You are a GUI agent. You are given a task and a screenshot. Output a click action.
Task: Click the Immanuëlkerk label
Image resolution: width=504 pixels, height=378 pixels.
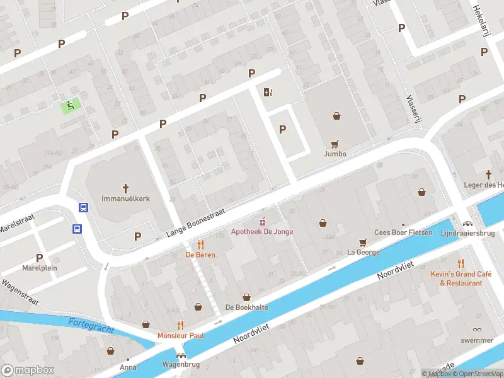[x=125, y=198]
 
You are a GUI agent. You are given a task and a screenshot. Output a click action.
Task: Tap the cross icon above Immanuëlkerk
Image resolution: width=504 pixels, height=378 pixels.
[x=125, y=188]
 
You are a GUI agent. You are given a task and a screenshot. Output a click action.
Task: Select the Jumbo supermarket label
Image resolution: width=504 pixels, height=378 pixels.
[x=335, y=154]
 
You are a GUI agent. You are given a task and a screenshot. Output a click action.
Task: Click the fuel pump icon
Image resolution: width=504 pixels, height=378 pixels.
[x=268, y=93]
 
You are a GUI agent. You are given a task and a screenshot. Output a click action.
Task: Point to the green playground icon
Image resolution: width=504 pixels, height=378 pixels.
[x=71, y=106]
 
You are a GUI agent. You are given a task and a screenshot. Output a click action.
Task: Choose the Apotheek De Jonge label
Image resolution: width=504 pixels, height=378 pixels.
[x=263, y=232]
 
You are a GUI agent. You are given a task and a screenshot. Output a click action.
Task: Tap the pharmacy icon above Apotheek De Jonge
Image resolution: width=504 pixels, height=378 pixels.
[x=263, y=222]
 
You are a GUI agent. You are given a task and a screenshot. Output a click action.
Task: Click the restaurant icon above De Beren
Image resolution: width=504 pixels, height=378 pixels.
[x=200, y=244]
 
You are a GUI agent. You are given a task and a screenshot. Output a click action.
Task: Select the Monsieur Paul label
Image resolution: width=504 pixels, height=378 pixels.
[x=181, y=336]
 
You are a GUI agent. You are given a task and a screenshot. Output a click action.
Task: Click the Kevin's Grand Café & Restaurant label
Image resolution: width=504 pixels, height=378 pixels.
[x=457, y=278]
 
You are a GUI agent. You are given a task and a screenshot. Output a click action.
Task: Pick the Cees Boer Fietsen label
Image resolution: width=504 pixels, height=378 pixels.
[x=403, y=232]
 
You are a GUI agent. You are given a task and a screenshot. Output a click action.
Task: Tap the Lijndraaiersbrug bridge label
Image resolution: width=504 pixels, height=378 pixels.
[x=467, y=232]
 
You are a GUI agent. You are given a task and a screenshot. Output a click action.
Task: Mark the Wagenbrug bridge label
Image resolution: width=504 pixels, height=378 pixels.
[x=181, y=365]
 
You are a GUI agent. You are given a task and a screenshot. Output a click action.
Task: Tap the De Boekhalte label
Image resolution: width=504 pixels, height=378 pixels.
[x=247, y=307]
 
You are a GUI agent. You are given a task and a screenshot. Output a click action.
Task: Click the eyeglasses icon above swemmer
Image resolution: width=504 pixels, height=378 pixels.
[x=477, y=329]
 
